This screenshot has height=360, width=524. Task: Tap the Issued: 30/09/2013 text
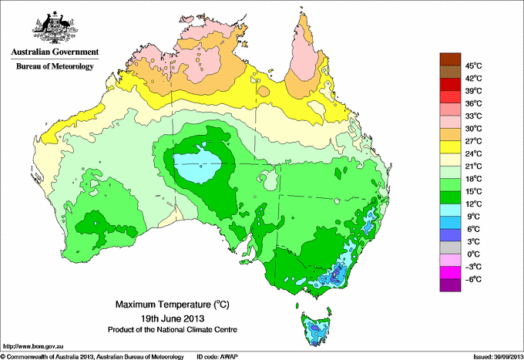pyautogui.click(x=493, y=356)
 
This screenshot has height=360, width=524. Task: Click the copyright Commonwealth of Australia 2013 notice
pyautogui.click(x=92, y=356)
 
